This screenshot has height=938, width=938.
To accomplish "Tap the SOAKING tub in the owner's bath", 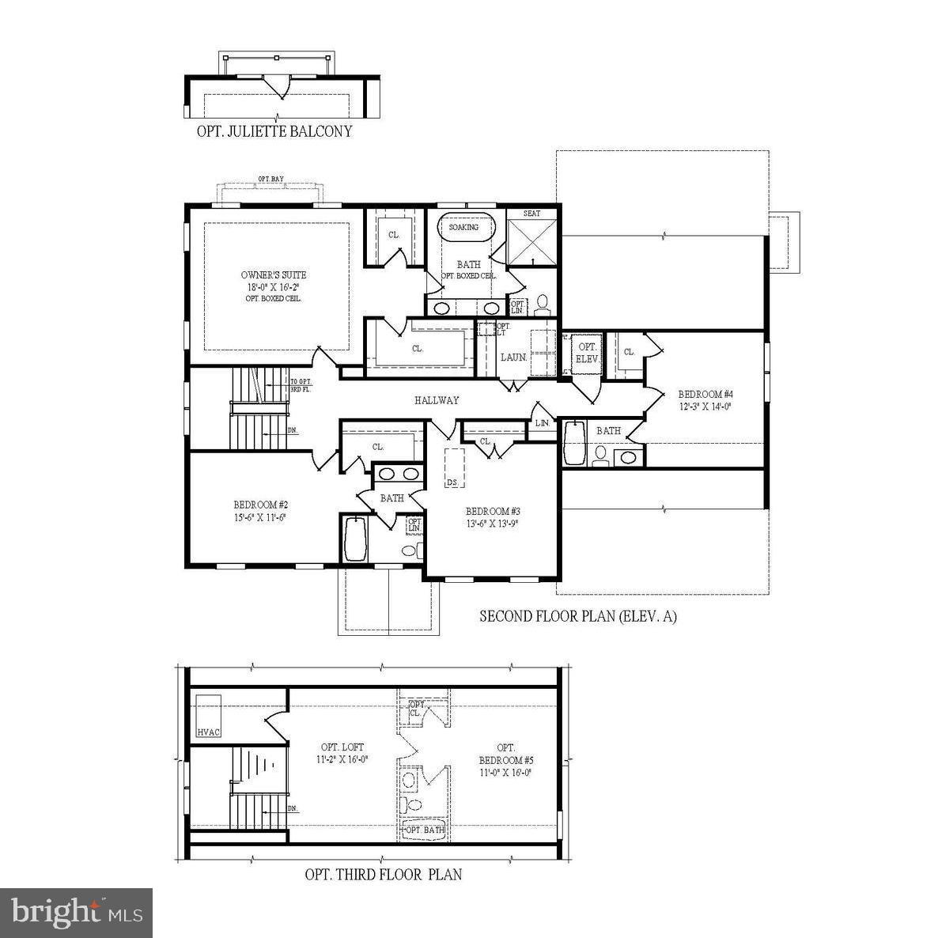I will click(464, 228).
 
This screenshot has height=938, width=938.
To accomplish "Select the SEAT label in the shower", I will click(532, 214).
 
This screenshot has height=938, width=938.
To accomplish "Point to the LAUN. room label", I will click(513, 357).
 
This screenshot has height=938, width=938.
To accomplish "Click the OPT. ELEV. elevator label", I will click(588, 353).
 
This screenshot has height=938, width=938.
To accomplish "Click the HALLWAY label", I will click(437, 400).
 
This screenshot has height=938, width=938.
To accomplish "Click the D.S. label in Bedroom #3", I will click(453, 482).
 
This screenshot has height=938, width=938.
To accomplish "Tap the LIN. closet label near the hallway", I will click(542, 423).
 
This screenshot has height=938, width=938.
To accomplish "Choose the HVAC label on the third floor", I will click(209, 732).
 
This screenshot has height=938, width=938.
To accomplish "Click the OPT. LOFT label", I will click(342, 747).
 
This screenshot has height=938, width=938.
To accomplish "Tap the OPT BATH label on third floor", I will click(426, 830).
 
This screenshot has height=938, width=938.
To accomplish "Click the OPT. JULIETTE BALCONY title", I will click(274, 131).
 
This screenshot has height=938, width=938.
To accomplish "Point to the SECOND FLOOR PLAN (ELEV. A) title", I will click(578, 616).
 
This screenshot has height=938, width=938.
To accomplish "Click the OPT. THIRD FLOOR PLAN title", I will click(384, 874).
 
